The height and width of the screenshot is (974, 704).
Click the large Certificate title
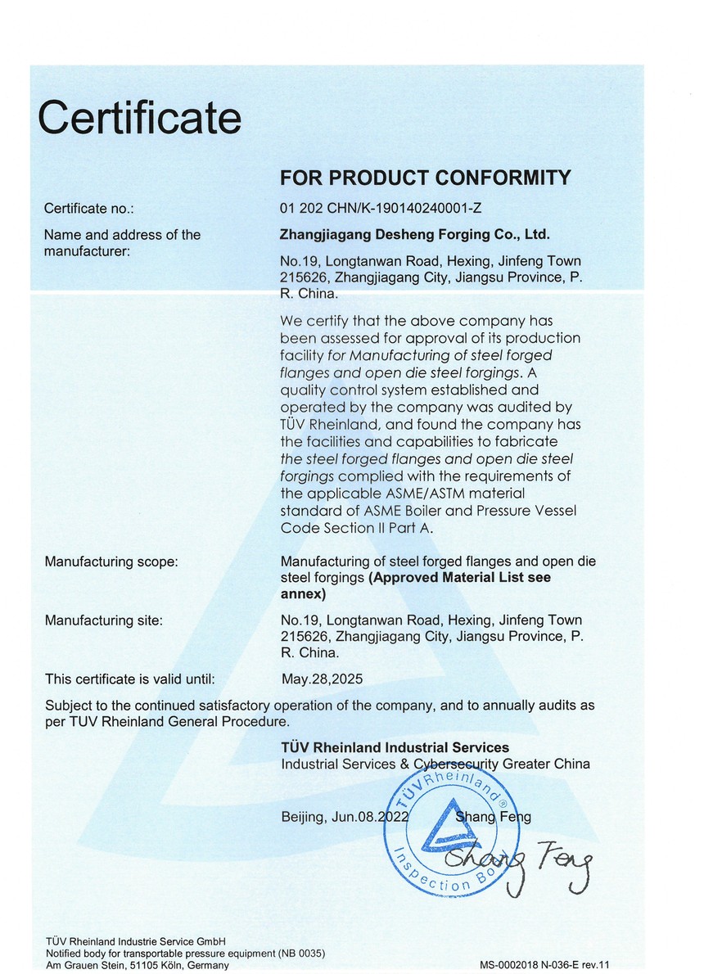[x=140, y=118]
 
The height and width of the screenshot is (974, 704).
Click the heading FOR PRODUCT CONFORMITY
[x=425, y=178]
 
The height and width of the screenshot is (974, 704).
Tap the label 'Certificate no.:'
[x=88, y=209]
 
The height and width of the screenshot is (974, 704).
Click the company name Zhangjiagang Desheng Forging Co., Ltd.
[x=415, y=235]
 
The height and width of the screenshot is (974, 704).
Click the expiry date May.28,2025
[x=321, y=679]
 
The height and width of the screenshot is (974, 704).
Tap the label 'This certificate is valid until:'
[x=129, y=679]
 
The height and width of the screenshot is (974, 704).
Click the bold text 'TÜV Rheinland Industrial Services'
[x=395, y=747]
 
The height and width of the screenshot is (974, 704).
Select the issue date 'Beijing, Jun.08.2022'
[x=344, y=817]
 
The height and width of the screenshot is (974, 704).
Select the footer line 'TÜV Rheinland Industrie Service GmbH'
[x=135, y=941]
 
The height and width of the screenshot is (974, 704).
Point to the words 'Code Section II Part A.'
[x=356, y=528]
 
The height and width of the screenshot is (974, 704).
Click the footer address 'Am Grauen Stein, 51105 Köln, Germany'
[x=138, y=966]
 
